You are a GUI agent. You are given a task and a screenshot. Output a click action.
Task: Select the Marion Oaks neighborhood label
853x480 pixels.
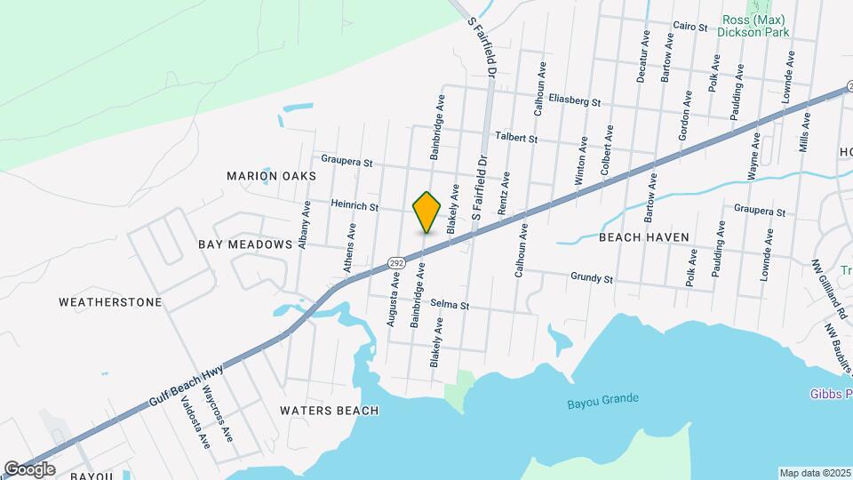tap(271, 176)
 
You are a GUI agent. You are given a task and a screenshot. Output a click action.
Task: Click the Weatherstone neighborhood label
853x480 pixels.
tap(110, 302)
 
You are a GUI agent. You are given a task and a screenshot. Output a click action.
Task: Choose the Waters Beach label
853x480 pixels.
tap(329, 411)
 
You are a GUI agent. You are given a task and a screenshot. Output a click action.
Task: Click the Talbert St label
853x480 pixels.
tap(516, 139)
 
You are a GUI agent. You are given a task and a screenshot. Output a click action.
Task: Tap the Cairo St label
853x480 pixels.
tap(690, 27)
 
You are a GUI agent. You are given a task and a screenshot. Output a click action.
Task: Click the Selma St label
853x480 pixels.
tap(450, 305)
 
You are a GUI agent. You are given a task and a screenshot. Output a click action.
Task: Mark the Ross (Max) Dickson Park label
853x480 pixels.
tap(753, 27)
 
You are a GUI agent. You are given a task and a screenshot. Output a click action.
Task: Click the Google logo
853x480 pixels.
tap(29, 468)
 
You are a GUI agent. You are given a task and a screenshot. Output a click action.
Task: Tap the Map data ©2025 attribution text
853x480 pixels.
tap(814, 473)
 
